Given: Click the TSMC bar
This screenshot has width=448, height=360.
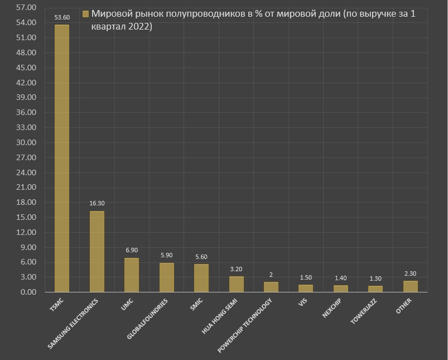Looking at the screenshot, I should tap(62, 158).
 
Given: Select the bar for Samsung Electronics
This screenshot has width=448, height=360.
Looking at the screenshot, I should tap(97, 251).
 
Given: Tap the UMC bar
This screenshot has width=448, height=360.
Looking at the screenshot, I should tap(132, 275).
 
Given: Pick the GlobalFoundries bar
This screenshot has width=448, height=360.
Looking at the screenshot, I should tap(166, 277).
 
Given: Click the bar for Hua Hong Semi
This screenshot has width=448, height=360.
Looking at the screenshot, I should tap(236, 284).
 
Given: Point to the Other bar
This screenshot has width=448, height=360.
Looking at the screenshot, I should tap(411, 286).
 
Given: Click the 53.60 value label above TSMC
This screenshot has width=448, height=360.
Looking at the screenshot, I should tap(62, 18).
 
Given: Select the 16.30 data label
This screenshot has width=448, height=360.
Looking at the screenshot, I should tap(97, 204).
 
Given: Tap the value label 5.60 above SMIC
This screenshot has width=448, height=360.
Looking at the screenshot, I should tap(201, 257).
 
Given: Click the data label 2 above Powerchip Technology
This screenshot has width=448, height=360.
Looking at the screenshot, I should tap(271, 275).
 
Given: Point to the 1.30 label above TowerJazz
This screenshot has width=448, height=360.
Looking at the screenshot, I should tap(375, 279).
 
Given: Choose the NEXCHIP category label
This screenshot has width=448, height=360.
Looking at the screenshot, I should tap(331, 308).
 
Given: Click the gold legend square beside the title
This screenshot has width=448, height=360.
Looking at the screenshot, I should tap(85, 14).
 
